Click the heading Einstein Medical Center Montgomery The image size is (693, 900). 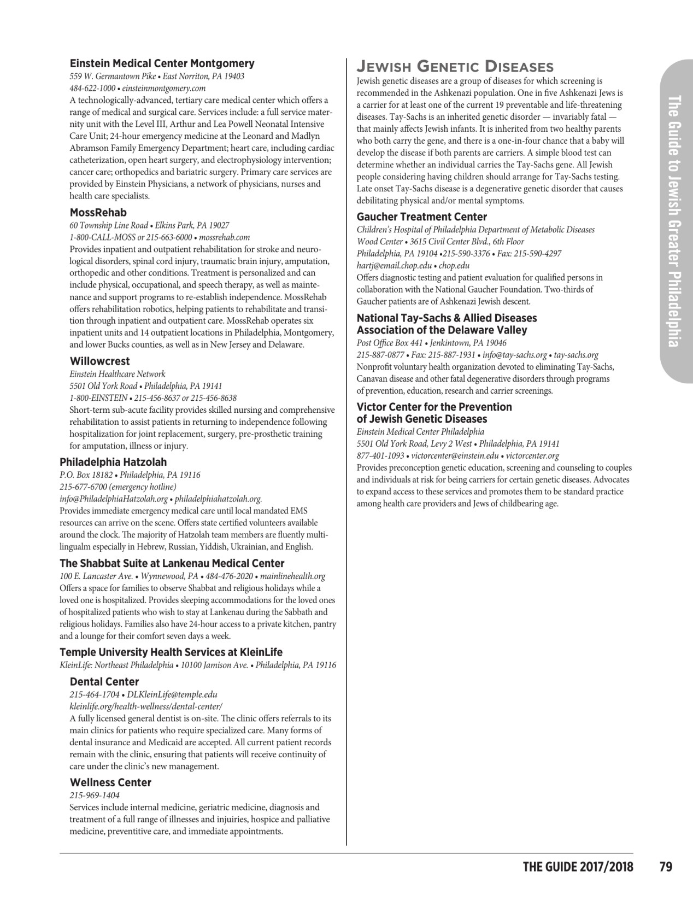click(x=162, y=63)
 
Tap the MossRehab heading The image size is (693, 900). click(x=98, y=212)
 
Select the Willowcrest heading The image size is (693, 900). click(x=99, y=361)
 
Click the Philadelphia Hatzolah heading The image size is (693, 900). click(x=113, y=462)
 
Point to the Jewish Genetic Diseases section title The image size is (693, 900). click(x=455, y=67)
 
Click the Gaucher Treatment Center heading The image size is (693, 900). click(x=421, y=217)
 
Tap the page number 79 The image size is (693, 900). click(x=665, y=867)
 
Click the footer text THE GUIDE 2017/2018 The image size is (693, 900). click(x=578, y=867)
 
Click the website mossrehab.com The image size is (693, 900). click(x=225, y=237)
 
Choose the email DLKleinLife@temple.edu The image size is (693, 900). click(x=172, y=694)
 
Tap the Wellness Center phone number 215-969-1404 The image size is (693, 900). click(x=94, y=795)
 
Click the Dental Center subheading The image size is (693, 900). click(x=104, y=681)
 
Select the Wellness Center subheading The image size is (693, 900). click(x=110, y=782)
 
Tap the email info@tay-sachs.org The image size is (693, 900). click(x=515, y=355)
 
